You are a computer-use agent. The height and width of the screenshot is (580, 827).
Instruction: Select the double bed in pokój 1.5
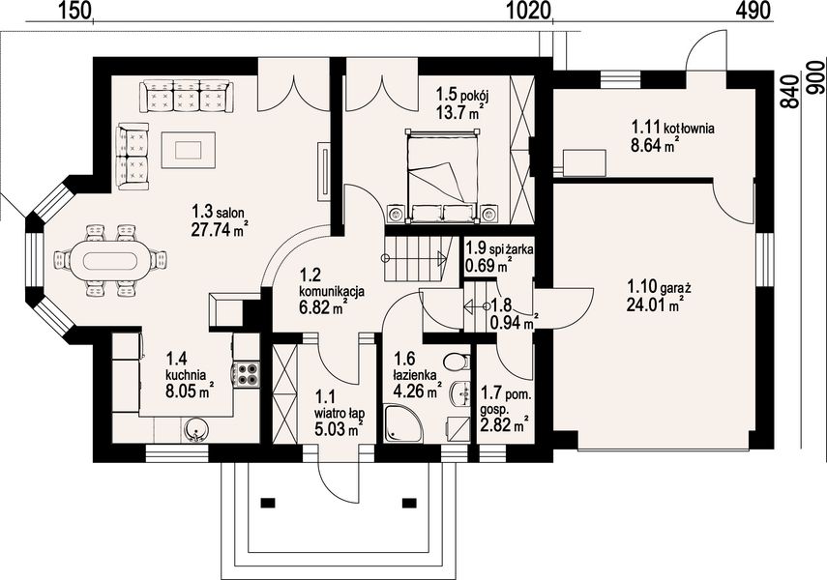(x=442, y=175)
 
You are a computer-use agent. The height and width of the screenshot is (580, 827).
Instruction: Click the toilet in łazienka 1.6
(x=457, y=362)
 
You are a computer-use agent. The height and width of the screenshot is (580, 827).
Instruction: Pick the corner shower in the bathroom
(x=403, y=422)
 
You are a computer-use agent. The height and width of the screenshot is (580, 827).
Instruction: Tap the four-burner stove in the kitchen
(x=247, y=374)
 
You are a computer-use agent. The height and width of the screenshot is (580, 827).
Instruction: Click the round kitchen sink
(x=195, y=430)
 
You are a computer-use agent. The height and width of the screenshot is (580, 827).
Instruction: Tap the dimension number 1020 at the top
(x=529, y=10)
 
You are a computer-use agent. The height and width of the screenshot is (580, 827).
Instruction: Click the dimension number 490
(x=753, y=10)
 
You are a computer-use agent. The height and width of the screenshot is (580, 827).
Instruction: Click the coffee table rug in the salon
(x=189, y=150)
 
